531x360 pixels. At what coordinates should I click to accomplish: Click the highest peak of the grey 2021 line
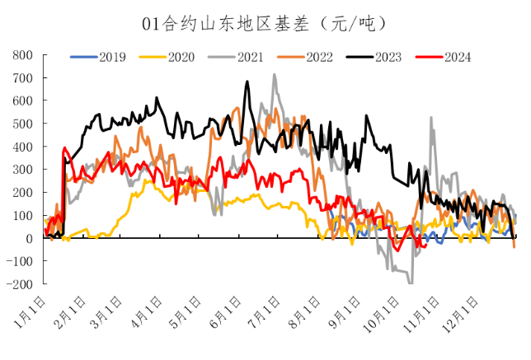pos(275,75)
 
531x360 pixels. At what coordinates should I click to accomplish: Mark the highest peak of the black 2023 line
pos(247,82)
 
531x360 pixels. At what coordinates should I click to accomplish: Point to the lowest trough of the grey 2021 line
pos(411,283)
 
